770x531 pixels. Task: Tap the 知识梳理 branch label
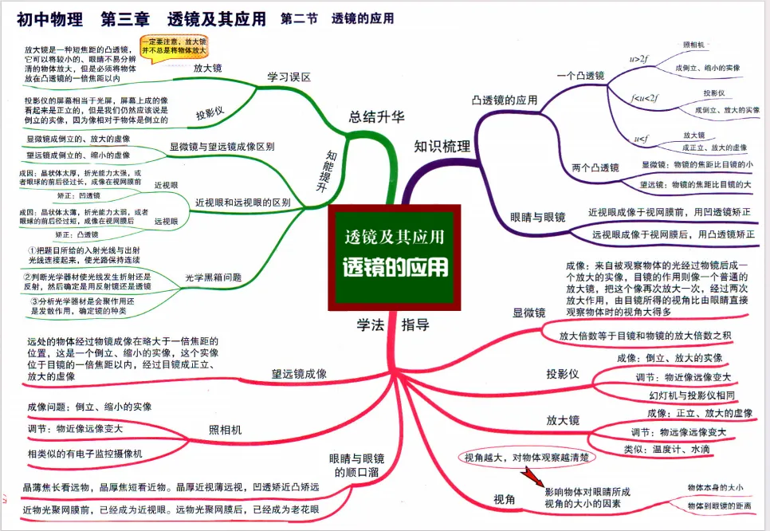click(442, 146)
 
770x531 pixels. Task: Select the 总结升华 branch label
click(376, 116)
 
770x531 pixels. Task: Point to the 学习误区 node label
click(289, 77)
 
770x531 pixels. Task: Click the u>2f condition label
click(638, 58)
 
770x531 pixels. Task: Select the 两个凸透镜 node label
click(595, 167)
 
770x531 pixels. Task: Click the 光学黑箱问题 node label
click(213, 277)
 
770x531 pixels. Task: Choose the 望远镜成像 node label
click(299, 373)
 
